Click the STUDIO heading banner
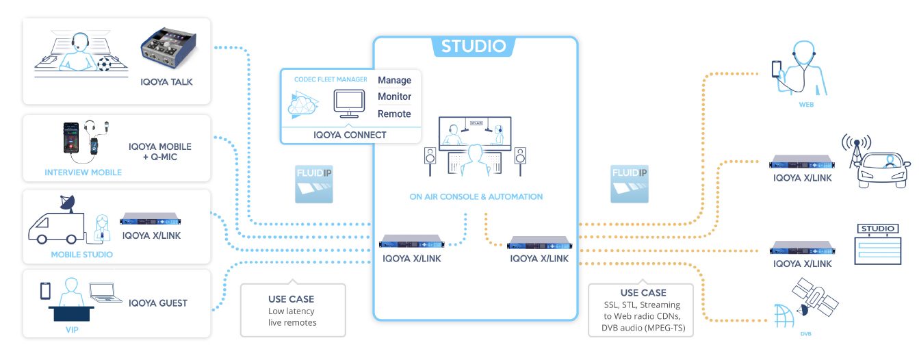(474, 47)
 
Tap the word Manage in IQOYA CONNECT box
(394, 80)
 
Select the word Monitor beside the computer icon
(394, 97)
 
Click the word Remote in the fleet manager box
(394, 114)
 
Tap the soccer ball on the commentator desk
(105, 63)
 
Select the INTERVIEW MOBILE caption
(83, 172)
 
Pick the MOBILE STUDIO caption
(81, 255)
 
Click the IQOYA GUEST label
(157, 303)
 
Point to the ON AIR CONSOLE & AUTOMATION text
(476, 196)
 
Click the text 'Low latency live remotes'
(292, 317)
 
